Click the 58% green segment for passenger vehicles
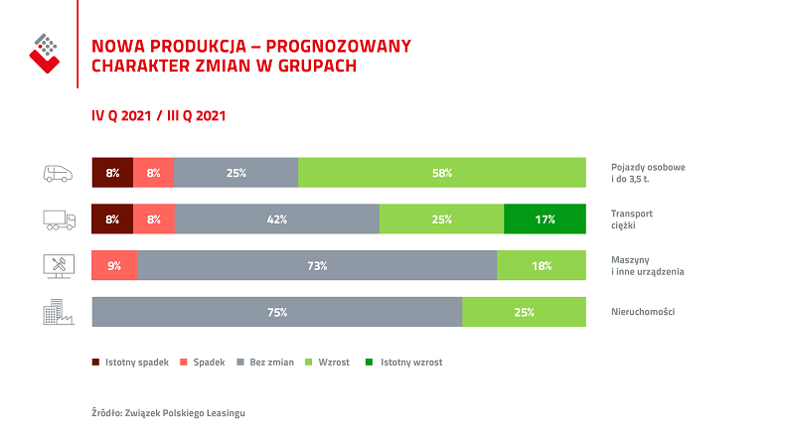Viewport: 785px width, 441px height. (441, 173)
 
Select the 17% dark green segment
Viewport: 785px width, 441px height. (545, 220)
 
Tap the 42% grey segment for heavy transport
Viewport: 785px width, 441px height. (276, 220)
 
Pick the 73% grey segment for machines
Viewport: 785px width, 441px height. (317, 266)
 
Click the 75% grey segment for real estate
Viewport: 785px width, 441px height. (276, 312)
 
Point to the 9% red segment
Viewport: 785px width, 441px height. (113, 266)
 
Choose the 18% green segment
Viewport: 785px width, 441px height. (541, 266)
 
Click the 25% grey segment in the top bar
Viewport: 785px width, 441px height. (235, 173)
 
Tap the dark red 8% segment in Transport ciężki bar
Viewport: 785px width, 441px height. (111, 220)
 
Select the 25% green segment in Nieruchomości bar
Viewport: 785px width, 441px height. (524, 312)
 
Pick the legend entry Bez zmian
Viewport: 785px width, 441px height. (266, 363)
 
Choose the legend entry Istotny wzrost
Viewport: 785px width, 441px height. (408, 363)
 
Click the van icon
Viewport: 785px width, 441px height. (59, 173)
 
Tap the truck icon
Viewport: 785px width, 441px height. (59, 220)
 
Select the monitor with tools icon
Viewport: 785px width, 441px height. (58, 266)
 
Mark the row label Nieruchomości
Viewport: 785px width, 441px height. (643, 312)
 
